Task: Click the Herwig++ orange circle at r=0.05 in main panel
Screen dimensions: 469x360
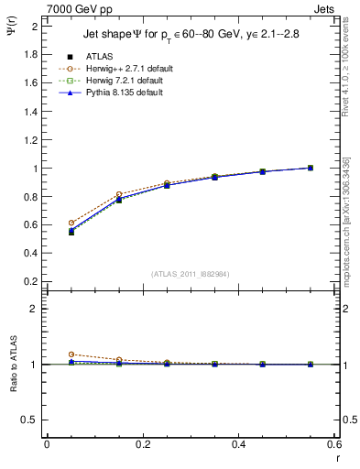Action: pyautogui.click(x=71, y=223)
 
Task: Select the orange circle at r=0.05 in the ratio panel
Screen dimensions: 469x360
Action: pyautogui.click(x=71, y=354)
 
